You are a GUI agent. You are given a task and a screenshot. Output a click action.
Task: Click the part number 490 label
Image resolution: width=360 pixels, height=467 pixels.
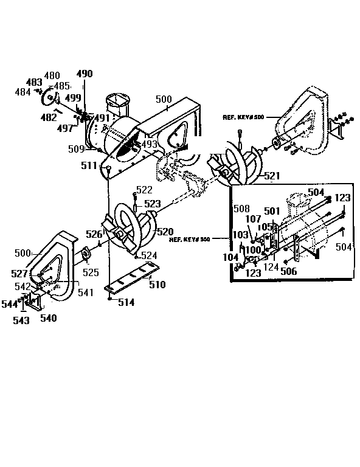[85, 74]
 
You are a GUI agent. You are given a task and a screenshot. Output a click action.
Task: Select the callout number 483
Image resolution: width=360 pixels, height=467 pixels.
[34, 81]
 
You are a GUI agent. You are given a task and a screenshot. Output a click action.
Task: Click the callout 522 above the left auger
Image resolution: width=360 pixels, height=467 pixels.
[144, 190]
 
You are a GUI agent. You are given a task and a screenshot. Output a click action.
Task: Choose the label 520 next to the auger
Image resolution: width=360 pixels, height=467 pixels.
[165, 232]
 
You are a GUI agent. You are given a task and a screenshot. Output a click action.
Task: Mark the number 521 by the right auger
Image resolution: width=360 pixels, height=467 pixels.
[272, 176]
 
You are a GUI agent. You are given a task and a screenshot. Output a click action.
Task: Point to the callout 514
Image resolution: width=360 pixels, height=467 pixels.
[126, 302]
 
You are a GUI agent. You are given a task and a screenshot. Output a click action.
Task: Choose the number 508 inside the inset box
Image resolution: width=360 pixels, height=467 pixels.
[241, 207]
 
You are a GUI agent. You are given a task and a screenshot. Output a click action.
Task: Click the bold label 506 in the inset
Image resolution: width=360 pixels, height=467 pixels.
[288, 271]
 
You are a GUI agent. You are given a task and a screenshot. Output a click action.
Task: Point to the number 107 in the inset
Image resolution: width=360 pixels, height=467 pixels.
[253, 219]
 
